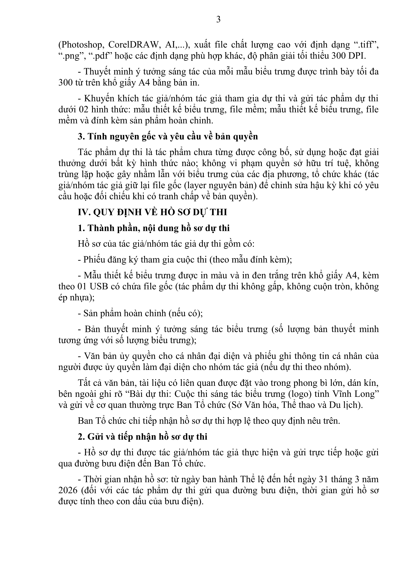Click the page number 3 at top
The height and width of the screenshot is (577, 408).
[218, 19]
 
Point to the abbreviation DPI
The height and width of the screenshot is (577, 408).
[357, 56]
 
